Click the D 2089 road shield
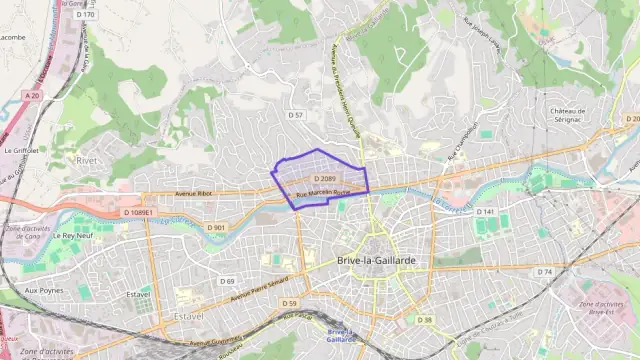tap(324, 178)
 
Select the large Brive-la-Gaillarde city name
tap(376, 259)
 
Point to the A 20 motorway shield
tap(33, 95)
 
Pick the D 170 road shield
tap(86, 15)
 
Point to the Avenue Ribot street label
tap(193, 192)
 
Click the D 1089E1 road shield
tap(139, 213)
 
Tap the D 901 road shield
tap(217, 227)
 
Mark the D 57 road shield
tap(295, 115)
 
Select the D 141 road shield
tap(485, 212)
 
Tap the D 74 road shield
tap(544, 271)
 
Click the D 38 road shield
tap(426, 320)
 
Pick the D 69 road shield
tap(227, 281)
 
